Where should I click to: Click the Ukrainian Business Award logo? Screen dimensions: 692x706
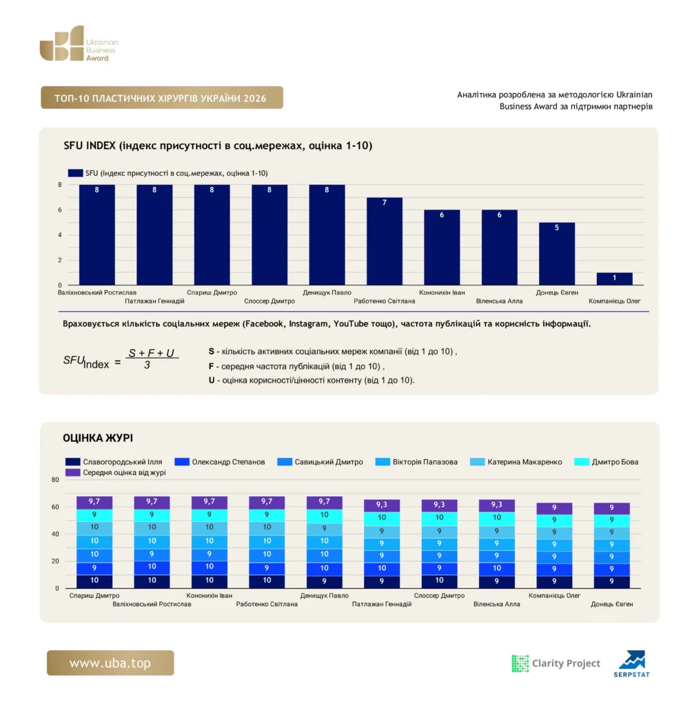79,43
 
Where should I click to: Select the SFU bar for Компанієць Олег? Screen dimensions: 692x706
614,279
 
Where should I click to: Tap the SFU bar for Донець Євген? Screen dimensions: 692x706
556,254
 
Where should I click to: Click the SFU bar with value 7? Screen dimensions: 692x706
384,241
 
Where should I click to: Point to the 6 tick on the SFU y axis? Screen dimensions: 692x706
60,210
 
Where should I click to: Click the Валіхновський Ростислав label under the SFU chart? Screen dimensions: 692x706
96,292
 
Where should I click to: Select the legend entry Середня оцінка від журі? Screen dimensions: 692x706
115,472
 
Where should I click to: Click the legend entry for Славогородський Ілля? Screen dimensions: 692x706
114,461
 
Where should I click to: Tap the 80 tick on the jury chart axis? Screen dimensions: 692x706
55,480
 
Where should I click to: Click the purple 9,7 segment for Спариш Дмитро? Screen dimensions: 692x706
94,502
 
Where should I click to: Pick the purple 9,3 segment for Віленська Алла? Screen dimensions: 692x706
496,505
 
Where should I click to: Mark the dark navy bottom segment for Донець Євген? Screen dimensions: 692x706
611,582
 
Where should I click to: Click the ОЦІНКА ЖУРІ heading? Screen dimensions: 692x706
98,438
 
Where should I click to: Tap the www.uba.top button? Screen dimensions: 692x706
110,663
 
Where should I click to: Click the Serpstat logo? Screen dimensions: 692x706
631,664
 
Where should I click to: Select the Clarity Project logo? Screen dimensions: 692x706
556,663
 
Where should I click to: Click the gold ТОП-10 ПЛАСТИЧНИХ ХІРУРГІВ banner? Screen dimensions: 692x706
162,98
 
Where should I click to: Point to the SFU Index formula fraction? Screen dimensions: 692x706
152,359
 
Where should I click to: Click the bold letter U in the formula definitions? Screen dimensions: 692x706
211,380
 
